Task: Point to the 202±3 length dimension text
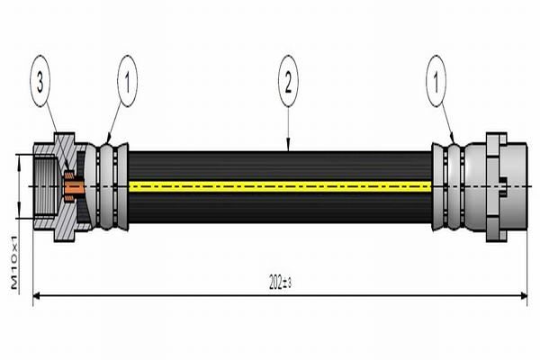(x=279, y=283)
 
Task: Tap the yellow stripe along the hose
(x=279, y=187)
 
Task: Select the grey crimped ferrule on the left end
(x=110, y=187)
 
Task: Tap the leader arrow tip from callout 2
(x=287, y=148)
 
